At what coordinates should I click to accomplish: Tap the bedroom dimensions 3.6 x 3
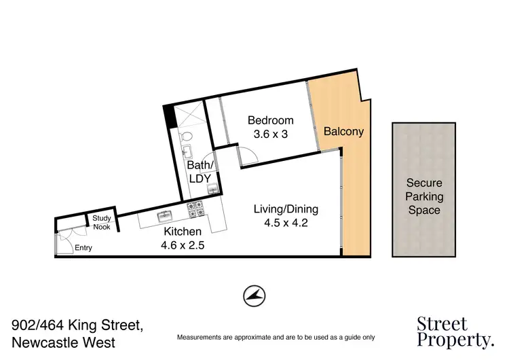(270, 134)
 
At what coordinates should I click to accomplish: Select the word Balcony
(343, 132)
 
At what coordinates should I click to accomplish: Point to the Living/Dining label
(286, 209)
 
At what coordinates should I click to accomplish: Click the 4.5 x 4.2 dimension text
(286, 222)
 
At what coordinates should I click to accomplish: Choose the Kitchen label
(183, 232)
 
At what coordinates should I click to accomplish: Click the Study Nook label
(102, 222)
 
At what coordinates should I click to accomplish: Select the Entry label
(83, 248)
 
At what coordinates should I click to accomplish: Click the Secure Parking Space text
(423, 196)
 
